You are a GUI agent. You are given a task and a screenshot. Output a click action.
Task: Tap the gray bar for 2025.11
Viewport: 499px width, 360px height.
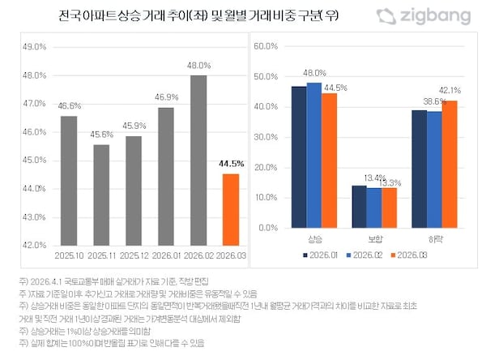(102, 195)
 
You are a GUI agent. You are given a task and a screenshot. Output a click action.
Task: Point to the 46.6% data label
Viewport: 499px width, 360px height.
(69, 105)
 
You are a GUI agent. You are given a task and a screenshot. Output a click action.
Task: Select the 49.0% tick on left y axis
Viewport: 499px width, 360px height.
(34, 47)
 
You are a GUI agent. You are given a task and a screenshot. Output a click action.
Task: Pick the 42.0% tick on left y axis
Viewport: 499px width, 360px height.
(34, 245)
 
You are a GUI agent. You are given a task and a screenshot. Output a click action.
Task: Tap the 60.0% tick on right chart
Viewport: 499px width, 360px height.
(267, 46)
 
